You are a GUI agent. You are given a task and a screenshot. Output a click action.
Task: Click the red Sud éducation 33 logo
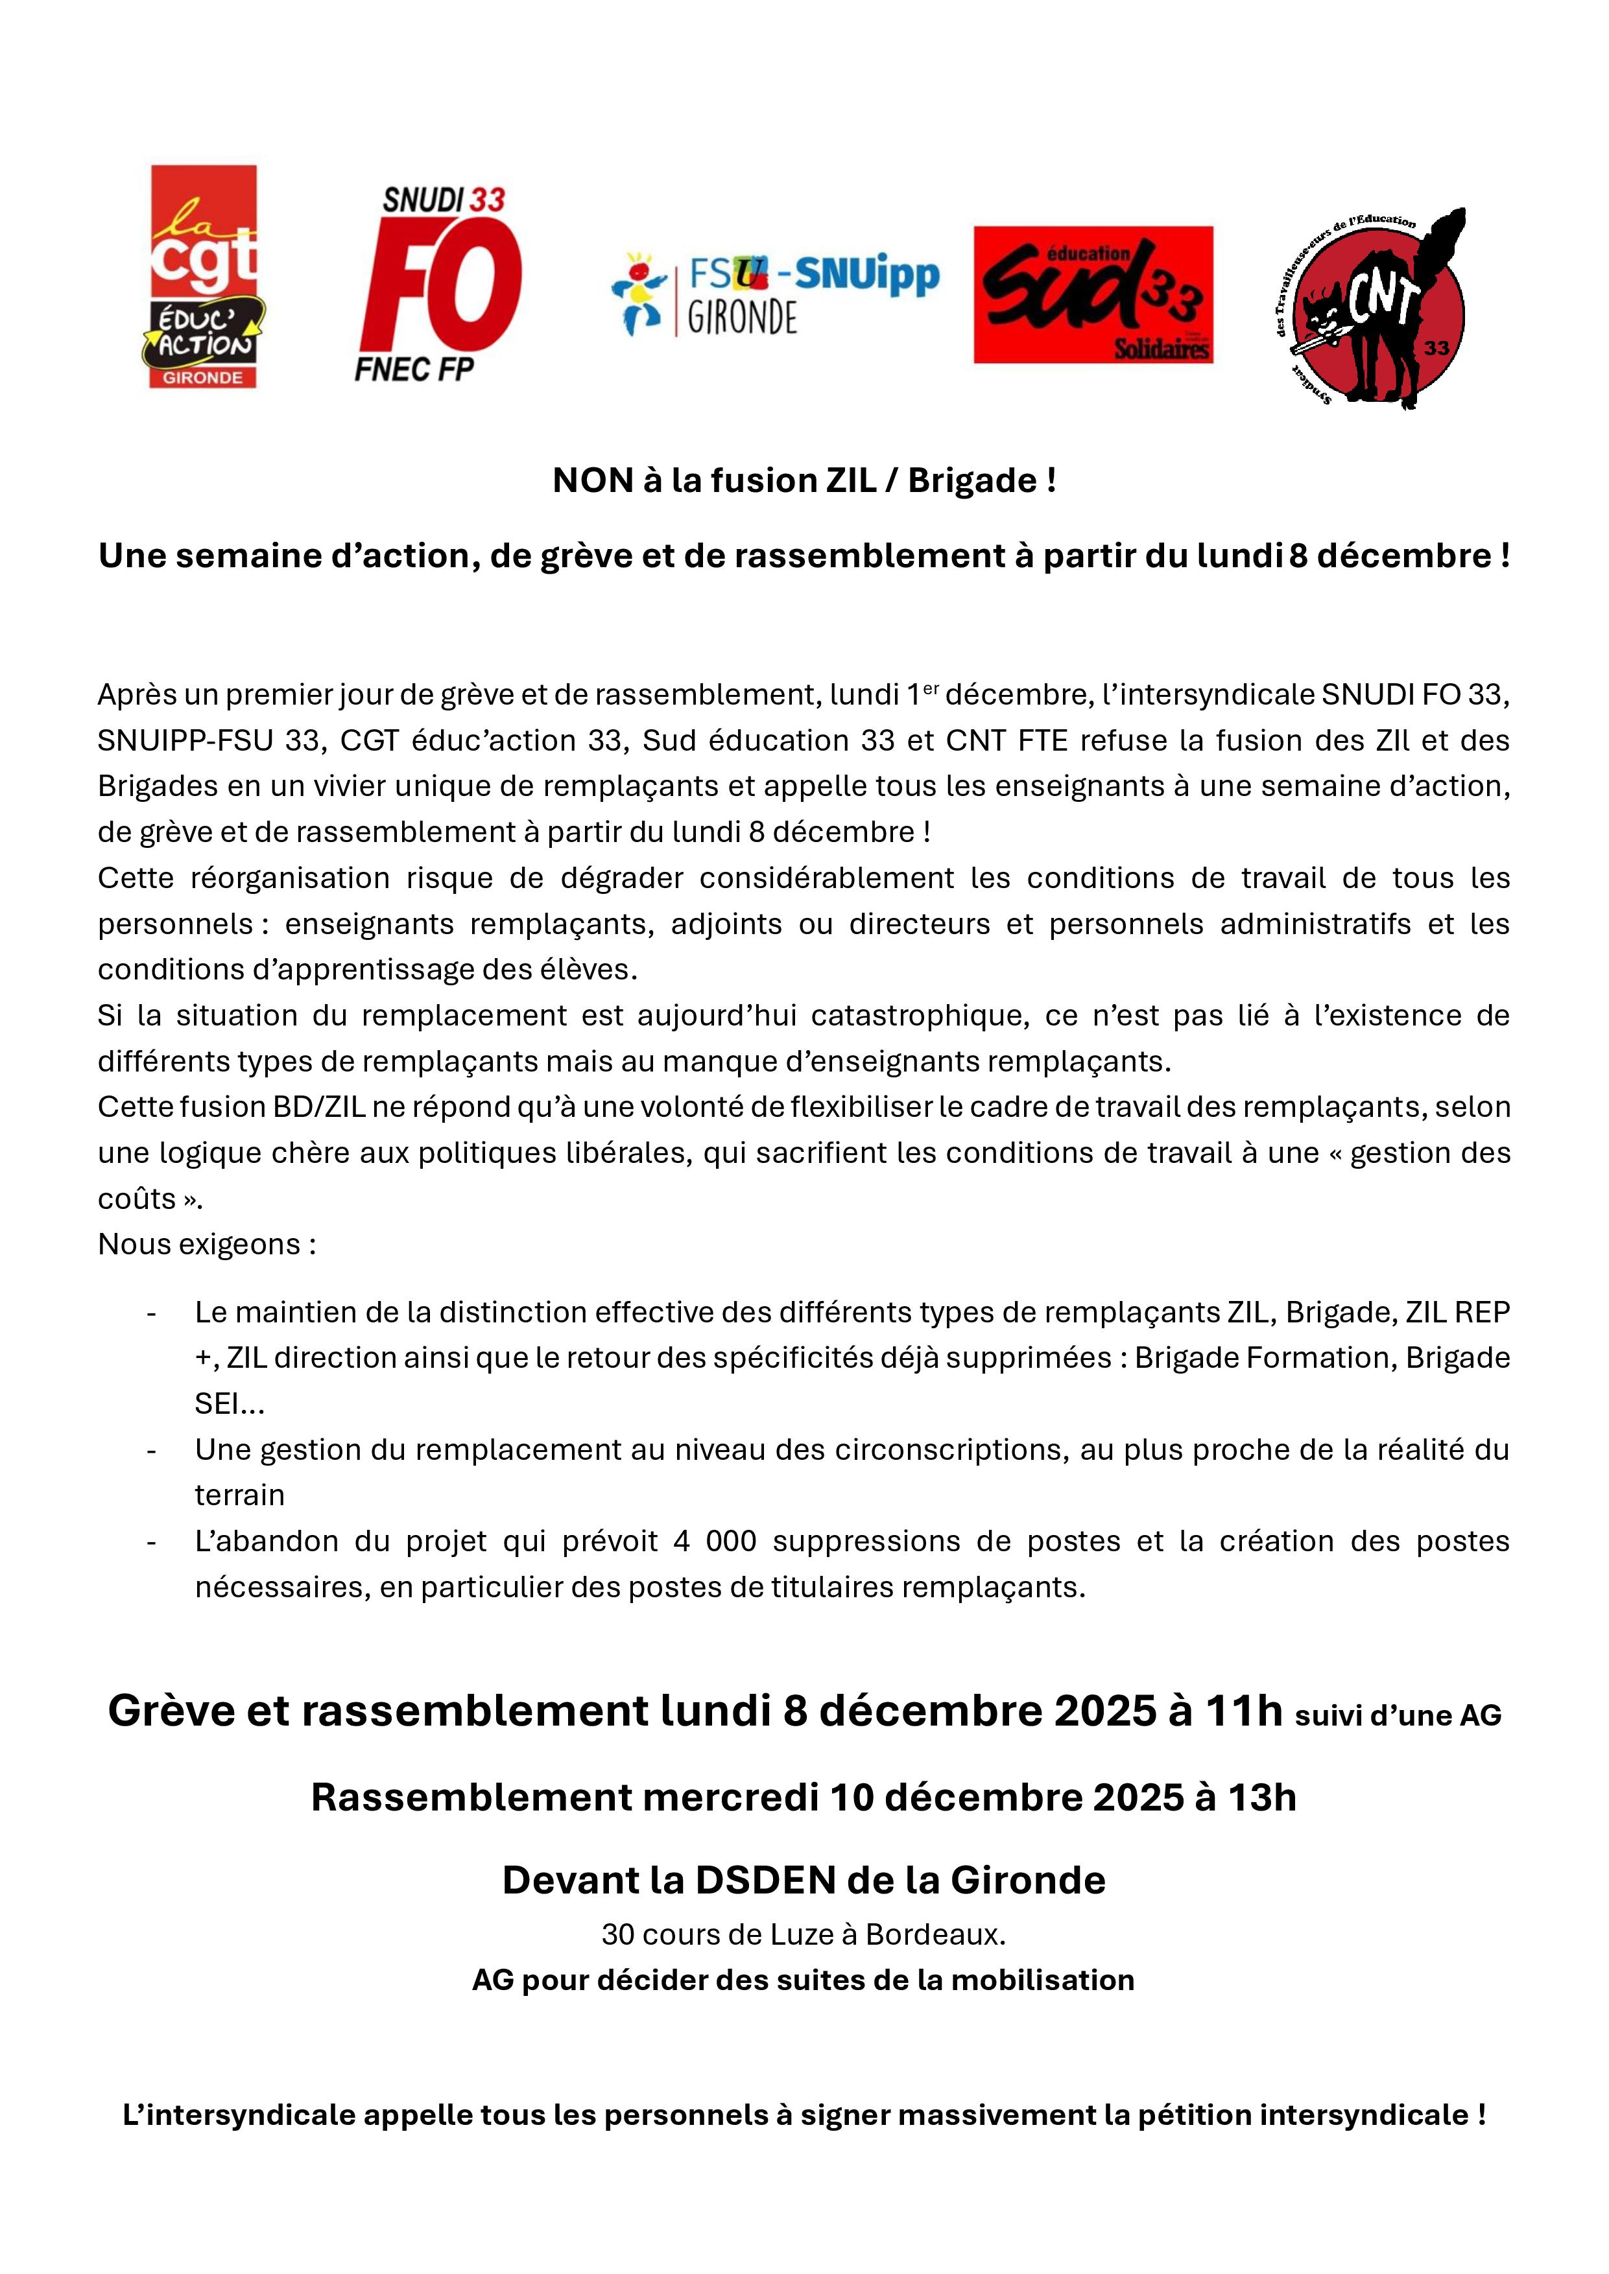[1093, 295]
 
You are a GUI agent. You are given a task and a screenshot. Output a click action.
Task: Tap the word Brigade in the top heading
[958, 480]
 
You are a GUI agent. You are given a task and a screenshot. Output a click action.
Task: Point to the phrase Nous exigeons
[206, 1244]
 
